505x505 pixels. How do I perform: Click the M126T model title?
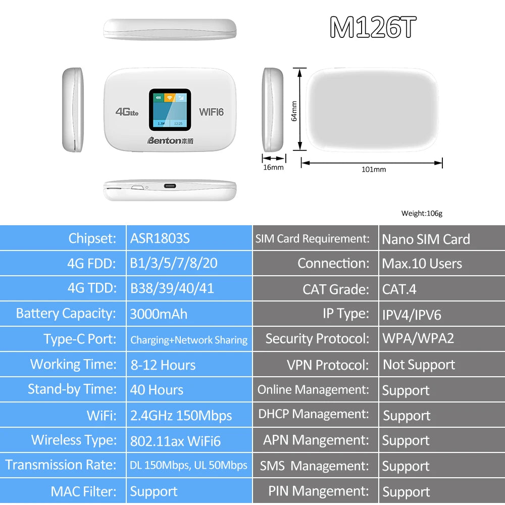[x=373, y=28]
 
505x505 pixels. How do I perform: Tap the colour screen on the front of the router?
[x=170, y=109]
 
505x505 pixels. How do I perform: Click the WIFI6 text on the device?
[x=211, y=112]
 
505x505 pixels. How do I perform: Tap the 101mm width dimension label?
[x=373, y=170]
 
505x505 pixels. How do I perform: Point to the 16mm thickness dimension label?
[x=273, y=167]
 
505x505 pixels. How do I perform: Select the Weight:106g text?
[x=422, y=213]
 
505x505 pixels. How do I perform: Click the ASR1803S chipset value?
[x=160, y=238]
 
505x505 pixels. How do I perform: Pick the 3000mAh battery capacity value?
[x=159, y=314]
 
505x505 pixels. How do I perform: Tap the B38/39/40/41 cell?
[x=172, y=288]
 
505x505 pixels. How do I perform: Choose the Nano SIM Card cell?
[x=426, y=239]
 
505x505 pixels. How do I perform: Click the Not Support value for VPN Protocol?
[x=419, y=365]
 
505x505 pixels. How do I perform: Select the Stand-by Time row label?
[x=72, y=389]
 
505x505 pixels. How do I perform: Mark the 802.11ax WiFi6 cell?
[x=175, y=441]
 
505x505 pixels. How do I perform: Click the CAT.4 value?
[x=399, y=289]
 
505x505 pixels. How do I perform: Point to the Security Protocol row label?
[x=317, y=339]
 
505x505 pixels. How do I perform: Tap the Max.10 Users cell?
[x=422, y=264]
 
